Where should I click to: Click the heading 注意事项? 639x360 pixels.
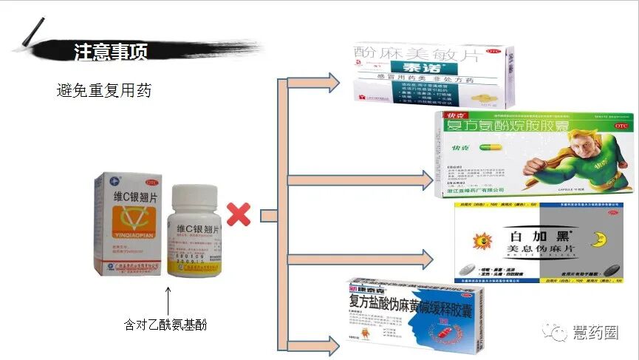pos(111,51)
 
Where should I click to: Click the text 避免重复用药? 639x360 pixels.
pos(104,91)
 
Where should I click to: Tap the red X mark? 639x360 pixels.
pos(238,215)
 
